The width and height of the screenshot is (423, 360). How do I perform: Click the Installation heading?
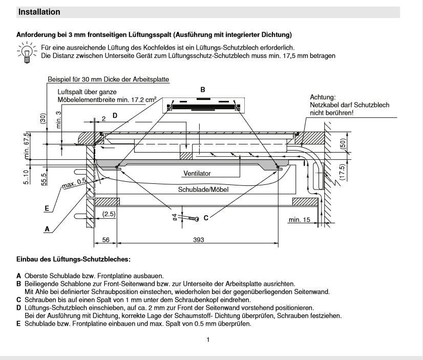(x=39, y=12)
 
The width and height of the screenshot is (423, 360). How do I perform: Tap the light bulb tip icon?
(x=27, y=52)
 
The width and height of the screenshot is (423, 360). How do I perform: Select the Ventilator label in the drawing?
(x=197, y=174)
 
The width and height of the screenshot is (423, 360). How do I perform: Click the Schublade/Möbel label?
(x=203, y=189)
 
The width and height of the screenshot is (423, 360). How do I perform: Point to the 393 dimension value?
(x=199, y=240)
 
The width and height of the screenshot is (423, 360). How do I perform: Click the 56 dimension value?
(x=105, y=240)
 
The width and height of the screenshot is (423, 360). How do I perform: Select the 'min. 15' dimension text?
(x=300, y=220)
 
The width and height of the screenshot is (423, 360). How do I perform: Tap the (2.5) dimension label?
(x=109, y=214)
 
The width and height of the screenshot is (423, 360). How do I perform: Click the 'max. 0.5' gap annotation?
(x=74, y=184)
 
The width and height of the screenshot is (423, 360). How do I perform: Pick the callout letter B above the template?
(x=203, y=90)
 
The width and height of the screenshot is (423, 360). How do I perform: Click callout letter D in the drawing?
(x=115, y=116)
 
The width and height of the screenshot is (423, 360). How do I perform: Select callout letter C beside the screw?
(x=206, y=218)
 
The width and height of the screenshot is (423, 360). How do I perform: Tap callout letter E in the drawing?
(x=47, y=208)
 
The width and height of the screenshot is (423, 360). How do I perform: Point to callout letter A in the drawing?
(x=47, y=229)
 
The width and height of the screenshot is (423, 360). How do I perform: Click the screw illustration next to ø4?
(x=193, y=218)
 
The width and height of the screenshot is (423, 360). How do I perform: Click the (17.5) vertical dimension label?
(x=342, y=172)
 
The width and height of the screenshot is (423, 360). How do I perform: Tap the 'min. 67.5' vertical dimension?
(x=27, y=146)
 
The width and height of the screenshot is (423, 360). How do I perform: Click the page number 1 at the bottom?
(x=208, y=340)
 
